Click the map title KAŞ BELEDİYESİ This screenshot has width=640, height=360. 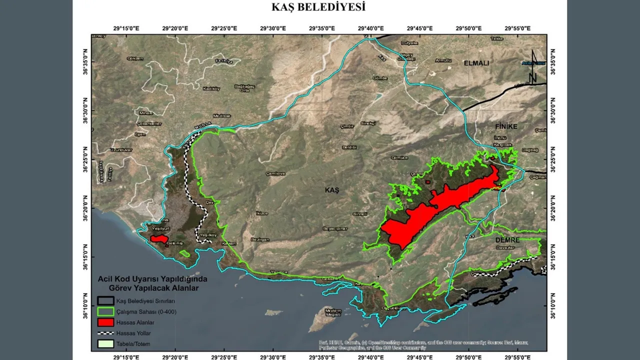(318, 7)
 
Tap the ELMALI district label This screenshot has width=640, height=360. (476, 63)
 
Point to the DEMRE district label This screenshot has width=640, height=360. (507, 240)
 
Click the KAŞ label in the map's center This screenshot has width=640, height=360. (332, 190)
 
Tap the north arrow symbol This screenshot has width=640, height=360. (533, 66)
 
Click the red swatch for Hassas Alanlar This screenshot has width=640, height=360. (105, 322)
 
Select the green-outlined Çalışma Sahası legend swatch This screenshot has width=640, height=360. (105, 312)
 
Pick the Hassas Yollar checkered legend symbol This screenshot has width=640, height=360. (105, 333)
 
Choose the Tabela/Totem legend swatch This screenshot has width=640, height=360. (105, 344)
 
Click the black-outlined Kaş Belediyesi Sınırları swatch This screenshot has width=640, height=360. (105, 301)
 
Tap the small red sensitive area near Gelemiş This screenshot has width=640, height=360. (159, 239)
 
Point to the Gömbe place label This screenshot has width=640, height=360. (380, 78)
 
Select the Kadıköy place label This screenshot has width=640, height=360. (211, 89)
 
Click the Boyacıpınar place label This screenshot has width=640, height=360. (334, 228)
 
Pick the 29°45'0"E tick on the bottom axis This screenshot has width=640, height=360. (419, 357)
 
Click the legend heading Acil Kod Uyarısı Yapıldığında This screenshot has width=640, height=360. (152, 279)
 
